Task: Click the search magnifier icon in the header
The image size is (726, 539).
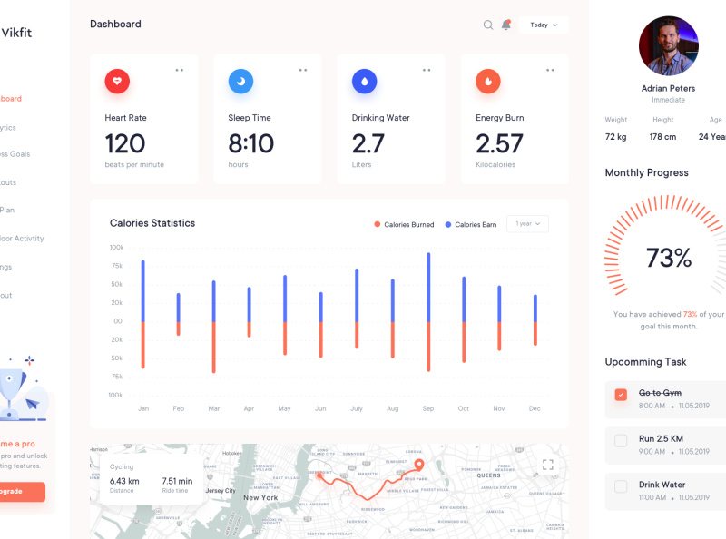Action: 488,24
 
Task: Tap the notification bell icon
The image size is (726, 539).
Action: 506,24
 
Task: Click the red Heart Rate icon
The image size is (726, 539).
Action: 117,82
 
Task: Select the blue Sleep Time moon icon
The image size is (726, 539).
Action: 240,82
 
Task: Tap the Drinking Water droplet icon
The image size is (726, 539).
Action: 364,82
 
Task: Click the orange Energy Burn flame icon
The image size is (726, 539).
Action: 488,82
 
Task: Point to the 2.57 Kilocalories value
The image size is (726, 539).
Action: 499,143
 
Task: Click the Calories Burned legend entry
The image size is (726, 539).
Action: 404,225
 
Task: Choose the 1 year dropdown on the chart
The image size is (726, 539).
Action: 528,223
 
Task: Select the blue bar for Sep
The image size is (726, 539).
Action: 428,288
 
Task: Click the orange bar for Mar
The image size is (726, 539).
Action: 214,347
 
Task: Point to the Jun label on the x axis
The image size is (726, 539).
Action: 320,409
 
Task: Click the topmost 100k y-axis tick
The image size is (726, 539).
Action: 116,247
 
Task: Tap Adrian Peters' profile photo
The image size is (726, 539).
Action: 669,45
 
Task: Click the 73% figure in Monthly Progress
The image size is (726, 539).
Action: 669,258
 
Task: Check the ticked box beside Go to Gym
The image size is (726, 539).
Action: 621,395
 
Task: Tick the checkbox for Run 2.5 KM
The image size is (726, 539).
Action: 621,441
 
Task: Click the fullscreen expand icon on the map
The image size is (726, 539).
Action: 548,465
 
